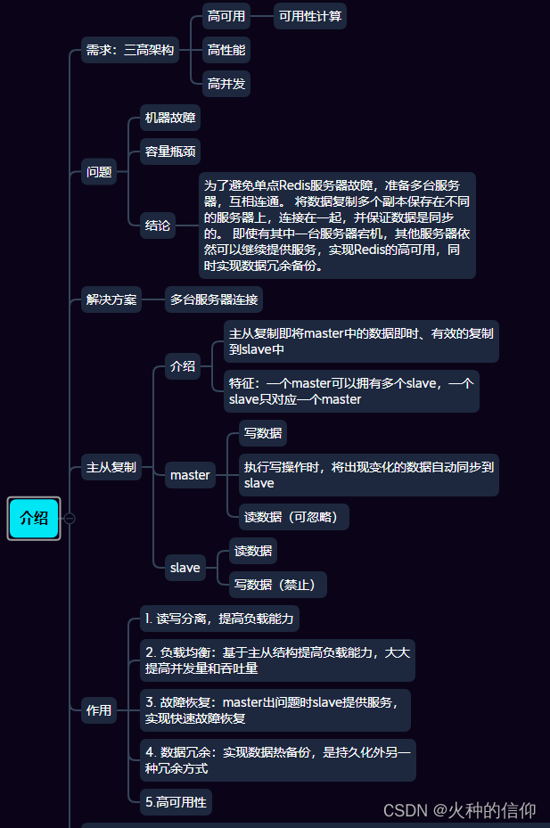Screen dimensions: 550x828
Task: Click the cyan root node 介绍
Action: [34, 518]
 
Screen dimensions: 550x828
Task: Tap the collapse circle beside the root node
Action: [70, 519]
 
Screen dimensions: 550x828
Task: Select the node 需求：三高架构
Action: [130, 50]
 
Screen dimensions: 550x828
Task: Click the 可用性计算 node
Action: [310, 16]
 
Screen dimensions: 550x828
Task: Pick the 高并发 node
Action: [226, 84]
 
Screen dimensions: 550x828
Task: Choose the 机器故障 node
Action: [170, 118]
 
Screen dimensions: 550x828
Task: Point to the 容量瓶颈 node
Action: [170, 152]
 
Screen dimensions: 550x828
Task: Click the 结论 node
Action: [158, 225]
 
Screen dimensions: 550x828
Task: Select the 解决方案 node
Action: [111, 299]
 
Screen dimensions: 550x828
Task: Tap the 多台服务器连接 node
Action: [214, 299]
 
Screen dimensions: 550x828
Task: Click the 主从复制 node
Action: [111, 467]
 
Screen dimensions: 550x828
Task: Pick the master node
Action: [190, 475]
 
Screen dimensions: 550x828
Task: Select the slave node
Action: [185, 568]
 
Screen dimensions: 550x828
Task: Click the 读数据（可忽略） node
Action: [294, 517]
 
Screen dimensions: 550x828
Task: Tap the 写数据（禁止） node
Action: [278, 585]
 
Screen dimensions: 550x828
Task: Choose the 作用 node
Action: [99, 710]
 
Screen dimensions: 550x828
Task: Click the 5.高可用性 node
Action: [176, 802]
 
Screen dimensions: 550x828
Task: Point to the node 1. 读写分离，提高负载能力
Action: [220, 619]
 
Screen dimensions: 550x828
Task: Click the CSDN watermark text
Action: [460, 810]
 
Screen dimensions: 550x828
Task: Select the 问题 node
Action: [99, 172]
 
